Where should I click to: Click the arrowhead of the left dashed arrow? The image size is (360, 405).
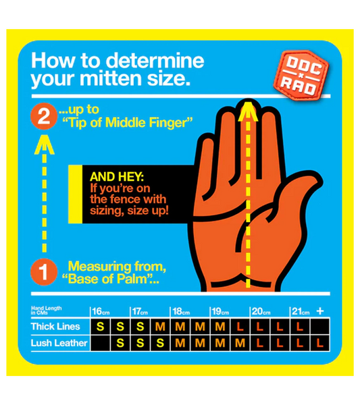(x=43, y=144)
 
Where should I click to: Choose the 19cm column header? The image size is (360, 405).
(x=220, y=311)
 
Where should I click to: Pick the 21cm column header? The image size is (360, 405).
(x=300, y=311)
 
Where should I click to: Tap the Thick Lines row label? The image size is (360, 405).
(x=55, y=327)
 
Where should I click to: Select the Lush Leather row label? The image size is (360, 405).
(x=58, y=343)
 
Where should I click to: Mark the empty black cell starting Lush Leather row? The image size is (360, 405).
(x=100, y=344)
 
